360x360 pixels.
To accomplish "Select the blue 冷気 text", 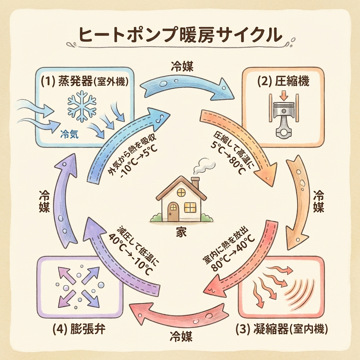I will [69, 134].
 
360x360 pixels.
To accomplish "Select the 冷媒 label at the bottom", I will [181, 337].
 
